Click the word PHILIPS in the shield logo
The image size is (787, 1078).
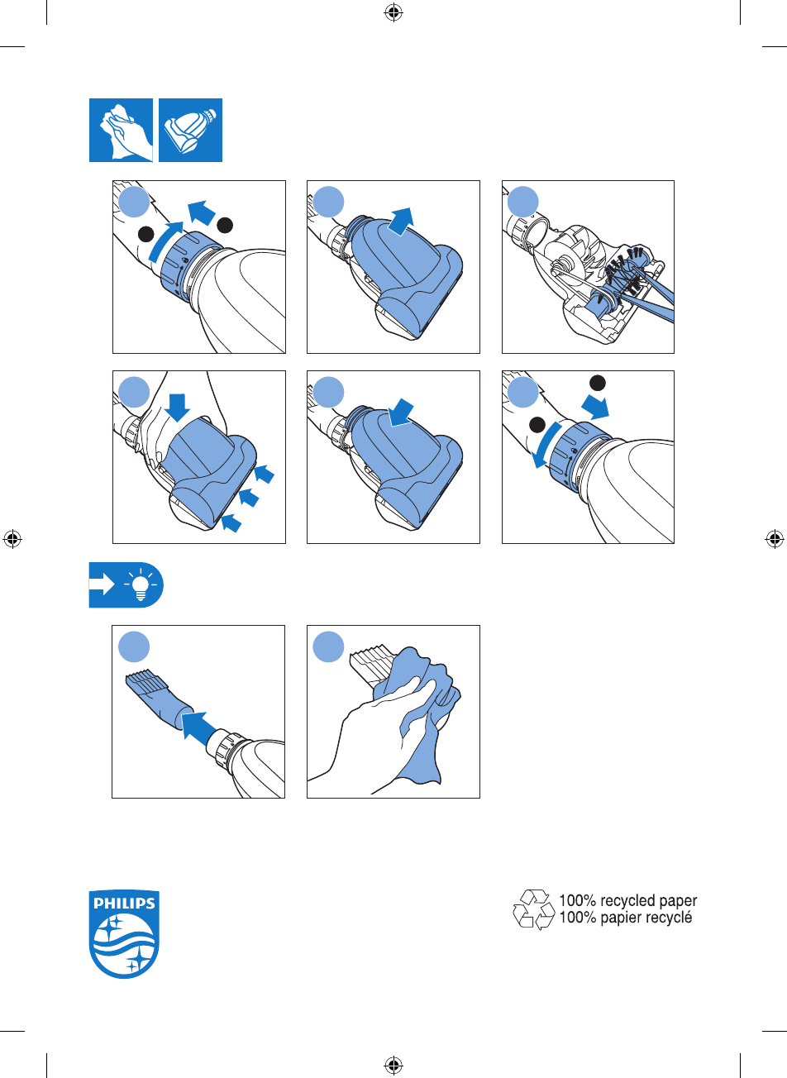[124, 903]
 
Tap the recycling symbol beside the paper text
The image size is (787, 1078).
[534, 909]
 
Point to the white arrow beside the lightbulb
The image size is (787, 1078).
[102, 585]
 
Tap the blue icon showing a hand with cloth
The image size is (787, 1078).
[121, 130]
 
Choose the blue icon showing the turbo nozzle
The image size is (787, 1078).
[191, 130]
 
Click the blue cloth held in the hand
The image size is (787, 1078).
[417, 713]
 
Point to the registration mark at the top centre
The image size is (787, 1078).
[393, 13]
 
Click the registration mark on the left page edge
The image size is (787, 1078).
[12, 538]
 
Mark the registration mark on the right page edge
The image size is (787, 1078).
[774, 538]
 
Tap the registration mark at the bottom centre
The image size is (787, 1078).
[393, 1064]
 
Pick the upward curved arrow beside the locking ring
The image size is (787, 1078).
[164, 241]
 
